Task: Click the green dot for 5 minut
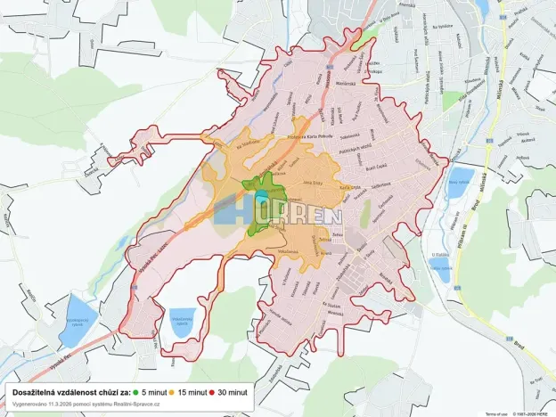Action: tap(136, 392)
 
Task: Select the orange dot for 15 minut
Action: tap(175, 392)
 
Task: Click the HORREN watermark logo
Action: tap(278, 215)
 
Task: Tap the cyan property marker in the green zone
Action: tap(261, 197)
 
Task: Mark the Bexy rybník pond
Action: tap(462, 182)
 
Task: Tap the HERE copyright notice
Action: tap(533, 413)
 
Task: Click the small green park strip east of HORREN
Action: tap(365, 213)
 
